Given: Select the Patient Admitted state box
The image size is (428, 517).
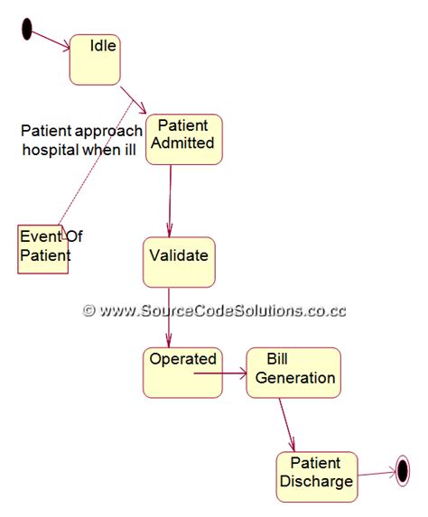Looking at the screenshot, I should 183,139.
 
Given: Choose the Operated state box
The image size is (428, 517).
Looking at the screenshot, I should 182,372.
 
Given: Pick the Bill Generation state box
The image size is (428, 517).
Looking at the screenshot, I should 293,372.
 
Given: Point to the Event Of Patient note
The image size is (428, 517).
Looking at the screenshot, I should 43,248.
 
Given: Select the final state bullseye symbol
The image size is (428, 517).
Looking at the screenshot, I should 403,469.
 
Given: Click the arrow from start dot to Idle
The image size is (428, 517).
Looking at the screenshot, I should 51,40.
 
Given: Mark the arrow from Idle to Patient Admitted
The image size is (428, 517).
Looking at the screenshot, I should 134,99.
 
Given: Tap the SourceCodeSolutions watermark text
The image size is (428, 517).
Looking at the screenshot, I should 213,309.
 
